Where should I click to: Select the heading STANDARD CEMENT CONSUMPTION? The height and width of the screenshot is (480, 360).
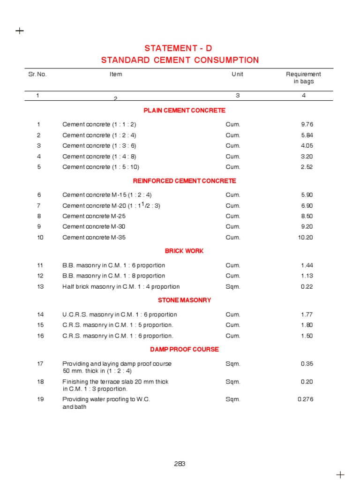point(180,60)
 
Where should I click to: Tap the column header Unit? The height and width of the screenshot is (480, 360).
point(237,74)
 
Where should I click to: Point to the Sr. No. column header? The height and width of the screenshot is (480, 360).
point(37,74)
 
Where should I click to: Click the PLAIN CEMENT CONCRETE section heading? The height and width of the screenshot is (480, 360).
point(184,111)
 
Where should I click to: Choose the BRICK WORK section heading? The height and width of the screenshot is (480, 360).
point(184,251)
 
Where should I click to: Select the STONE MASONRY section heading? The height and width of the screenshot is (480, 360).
point(184,300)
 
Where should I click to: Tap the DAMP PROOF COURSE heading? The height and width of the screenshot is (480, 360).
point(184,349)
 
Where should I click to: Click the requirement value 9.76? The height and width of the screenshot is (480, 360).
point(307,125)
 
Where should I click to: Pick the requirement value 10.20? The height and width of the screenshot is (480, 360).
point(305,237)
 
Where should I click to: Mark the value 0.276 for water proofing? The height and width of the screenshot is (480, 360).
point(305,399)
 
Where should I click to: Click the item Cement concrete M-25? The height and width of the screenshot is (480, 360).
point(94,216)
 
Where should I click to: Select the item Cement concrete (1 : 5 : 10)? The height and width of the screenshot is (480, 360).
point(101,167)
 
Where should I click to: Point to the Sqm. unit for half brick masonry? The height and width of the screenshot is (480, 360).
point(233,287)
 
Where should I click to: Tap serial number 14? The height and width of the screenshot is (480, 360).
point(40,315)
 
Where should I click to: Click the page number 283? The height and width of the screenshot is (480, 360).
point(180,464)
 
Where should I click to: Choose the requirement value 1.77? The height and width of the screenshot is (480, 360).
point(307,315)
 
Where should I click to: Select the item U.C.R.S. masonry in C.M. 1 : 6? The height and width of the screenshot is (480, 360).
point(120,315)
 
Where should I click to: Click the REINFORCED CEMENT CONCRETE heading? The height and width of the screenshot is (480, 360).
point(184,181)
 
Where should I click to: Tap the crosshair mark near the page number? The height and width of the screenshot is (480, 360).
point(340,474)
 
